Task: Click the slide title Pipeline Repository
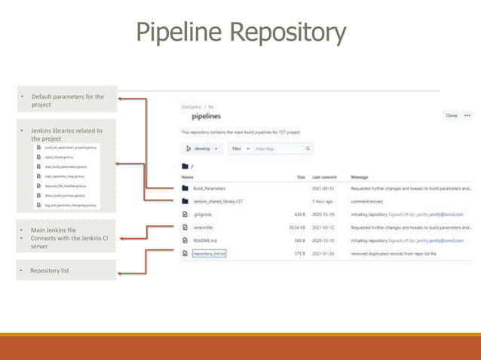[240, 32]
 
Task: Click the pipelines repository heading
[206, 116]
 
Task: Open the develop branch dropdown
[200, 148]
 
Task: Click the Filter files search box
[279, 148]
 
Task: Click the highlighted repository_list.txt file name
[207, 253]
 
